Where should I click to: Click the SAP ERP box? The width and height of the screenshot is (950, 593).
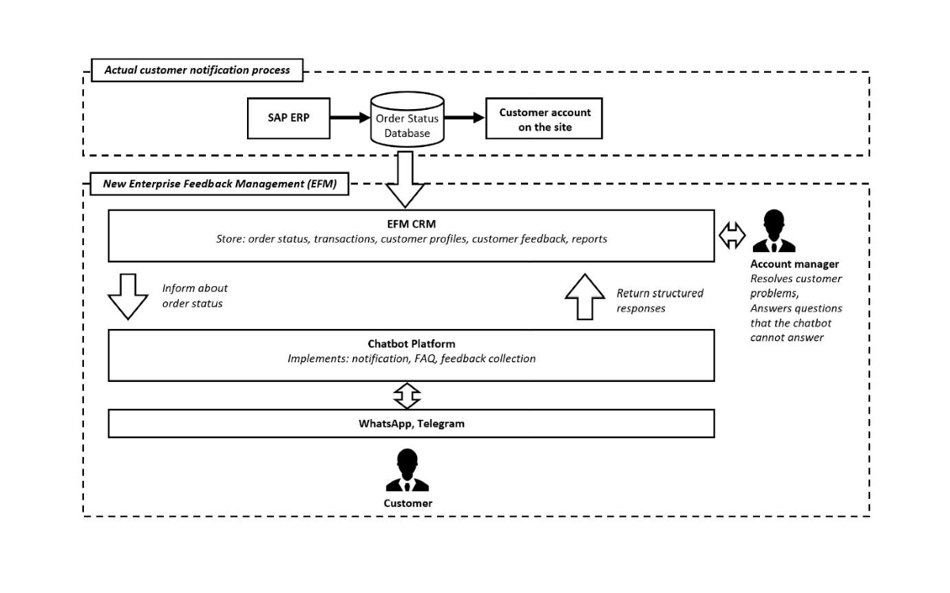[287, 118]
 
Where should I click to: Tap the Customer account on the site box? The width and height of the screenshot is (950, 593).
[544, 119]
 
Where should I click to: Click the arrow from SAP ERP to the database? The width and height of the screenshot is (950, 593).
[349, 119]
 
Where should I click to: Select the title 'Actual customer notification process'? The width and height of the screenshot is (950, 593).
[197, 70]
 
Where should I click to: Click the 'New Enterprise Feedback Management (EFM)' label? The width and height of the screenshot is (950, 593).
[220, 184]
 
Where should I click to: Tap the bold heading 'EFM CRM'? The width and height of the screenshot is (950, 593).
[412, 224]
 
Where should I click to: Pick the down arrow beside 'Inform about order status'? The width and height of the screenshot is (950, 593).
[127, 296]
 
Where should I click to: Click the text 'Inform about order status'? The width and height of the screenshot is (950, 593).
[195, 296]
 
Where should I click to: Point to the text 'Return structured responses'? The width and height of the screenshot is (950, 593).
[659, 300]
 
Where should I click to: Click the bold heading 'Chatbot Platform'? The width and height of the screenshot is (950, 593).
[412, 344]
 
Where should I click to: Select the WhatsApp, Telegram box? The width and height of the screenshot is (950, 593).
[411, 423]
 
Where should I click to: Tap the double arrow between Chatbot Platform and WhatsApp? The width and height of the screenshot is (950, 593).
[407, 395]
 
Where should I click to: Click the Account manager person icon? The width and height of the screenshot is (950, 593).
[773, 232]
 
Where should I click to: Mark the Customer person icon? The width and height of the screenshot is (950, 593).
[407, 470]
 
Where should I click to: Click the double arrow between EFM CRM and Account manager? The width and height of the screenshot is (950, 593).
[732, 235]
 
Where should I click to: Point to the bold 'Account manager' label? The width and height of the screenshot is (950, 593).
[794, 264]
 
